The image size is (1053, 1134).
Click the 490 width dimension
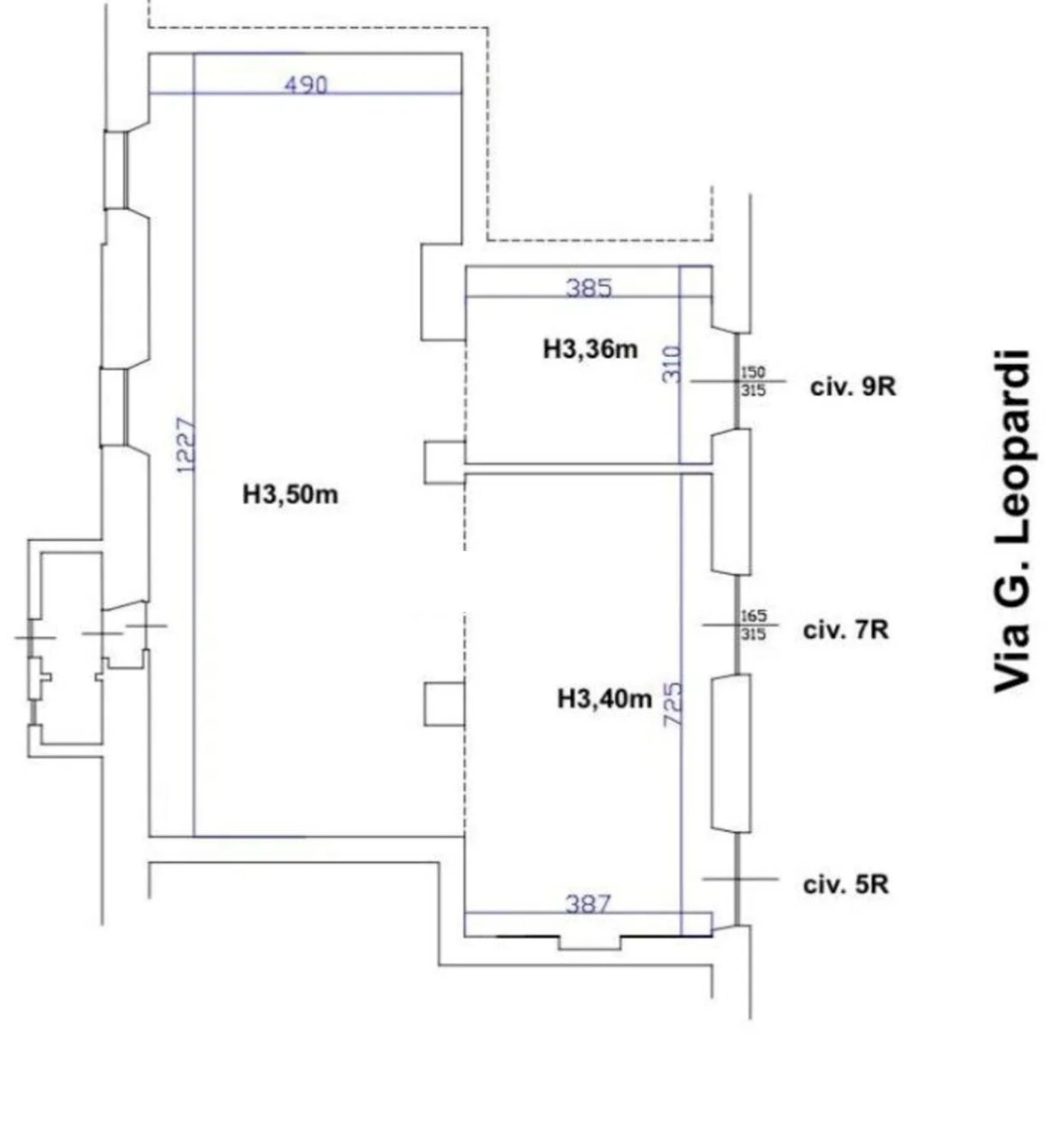[306, 86]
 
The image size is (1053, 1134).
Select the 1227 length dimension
[186, 446]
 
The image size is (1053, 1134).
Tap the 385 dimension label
[589, 288]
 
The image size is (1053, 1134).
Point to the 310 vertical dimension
[672, 364]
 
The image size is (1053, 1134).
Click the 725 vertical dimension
[673, 704]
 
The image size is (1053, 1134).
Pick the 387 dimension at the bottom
[588, 904]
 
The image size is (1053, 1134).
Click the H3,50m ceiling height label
[290, 494]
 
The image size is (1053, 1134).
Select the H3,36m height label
[590, 349]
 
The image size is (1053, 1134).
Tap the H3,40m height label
[604, 699]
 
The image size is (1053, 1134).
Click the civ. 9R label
[853, 387]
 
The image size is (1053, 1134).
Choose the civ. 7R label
[846, 631]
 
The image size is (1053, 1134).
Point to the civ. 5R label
[846, 885]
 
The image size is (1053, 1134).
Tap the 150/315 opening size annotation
[753, 381]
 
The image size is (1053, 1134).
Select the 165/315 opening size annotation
[753, 625]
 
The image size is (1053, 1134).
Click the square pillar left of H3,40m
[444, 704]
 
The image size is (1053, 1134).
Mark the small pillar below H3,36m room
[444, 462]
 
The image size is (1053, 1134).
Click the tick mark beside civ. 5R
[740, 879]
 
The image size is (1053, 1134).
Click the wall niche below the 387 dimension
[589, 943]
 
